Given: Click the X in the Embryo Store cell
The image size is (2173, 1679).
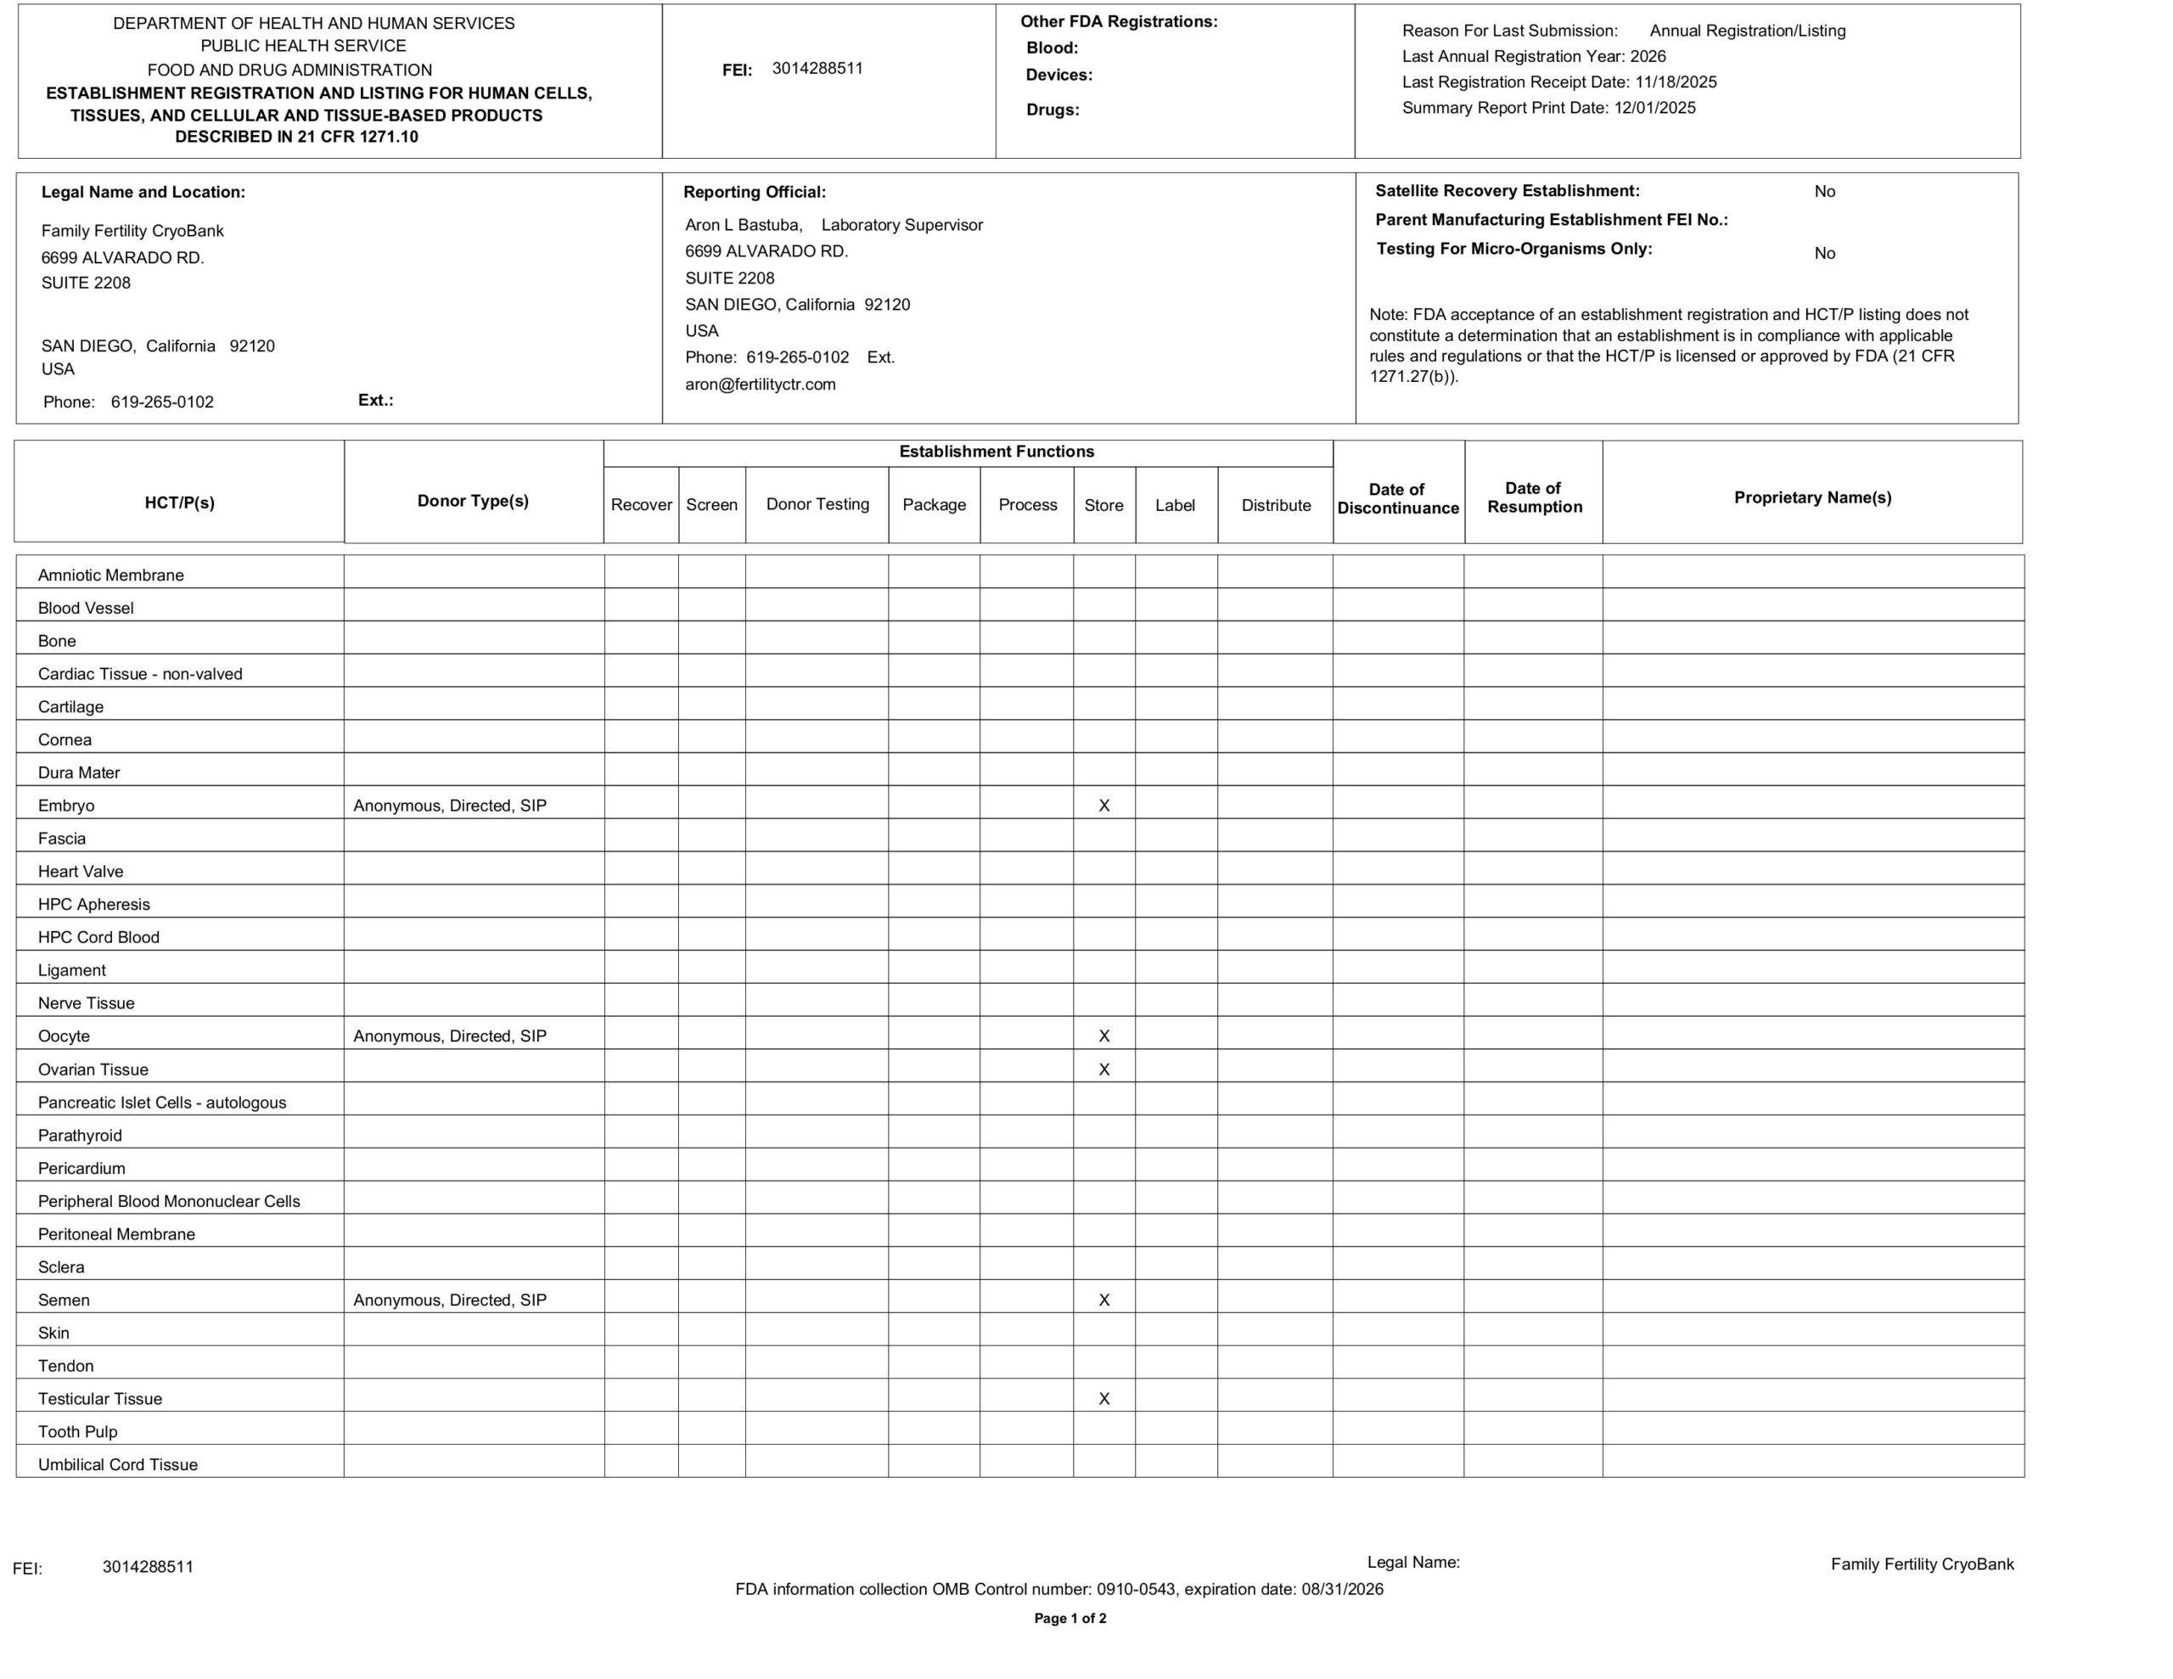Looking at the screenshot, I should pos(1103,806).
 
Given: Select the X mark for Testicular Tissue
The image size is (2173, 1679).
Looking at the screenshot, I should pos(1103,1398).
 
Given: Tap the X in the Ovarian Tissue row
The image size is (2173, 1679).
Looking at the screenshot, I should pos(1103,1069).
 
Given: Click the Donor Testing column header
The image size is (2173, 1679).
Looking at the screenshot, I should pos(817,503).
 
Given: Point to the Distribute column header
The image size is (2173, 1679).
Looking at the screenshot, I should pos(1276,504).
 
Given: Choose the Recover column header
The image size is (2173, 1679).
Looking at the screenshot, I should pos(641,504).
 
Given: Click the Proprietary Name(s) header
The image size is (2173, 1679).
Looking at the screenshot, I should pos(1812,497).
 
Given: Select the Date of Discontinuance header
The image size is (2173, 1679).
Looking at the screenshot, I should pos(1397,497).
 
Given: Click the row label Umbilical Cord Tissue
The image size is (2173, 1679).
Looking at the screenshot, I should pos(117,1464).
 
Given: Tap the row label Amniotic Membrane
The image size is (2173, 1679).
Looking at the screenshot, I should pos(110,575).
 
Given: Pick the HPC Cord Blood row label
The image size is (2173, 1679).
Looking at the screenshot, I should pos(98,936).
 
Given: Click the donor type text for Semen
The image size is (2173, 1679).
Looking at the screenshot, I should pos(450,1300).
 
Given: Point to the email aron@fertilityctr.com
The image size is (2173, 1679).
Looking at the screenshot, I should pos(761,385).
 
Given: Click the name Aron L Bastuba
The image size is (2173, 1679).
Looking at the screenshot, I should pos(742,225).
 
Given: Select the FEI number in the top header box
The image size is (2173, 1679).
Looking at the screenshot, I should pos(817,68).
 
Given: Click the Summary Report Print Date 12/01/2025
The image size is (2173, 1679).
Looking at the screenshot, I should pos(1654,108).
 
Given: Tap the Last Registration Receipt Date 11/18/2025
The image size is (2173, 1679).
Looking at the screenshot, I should pos(1676,81).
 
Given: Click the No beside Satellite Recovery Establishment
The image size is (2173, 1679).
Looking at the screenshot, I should pos(1824,191).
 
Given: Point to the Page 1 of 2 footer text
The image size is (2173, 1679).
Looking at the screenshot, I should pos(1070,1618).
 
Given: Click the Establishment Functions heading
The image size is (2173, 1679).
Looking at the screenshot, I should pos(996,451).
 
